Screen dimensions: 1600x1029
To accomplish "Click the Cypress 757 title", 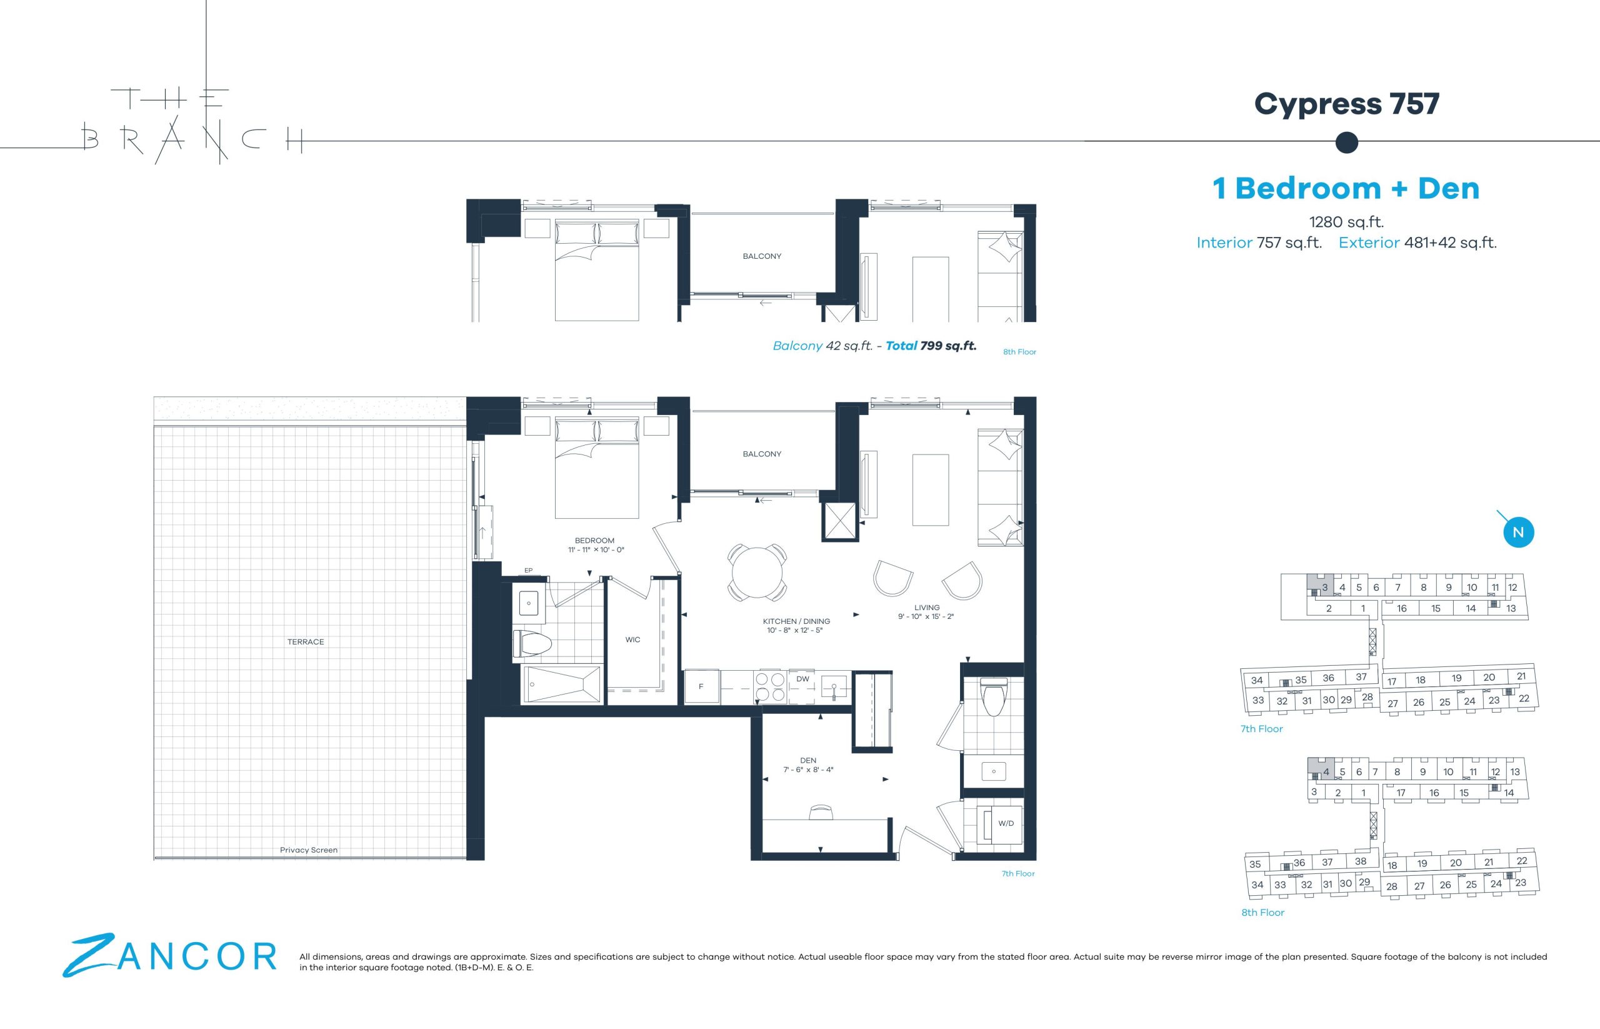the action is [1346, 104].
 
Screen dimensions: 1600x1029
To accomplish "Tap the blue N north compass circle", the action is [1518, 533].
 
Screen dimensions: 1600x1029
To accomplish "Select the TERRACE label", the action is [305, 642].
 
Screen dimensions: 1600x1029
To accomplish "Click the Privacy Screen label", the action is [309, 850].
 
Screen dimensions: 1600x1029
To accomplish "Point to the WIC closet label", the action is [632, 640].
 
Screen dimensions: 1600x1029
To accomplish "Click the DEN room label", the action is [808, 760].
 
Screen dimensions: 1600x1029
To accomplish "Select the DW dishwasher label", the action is [802, 679].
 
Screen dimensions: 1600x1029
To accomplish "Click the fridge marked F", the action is [701, 687].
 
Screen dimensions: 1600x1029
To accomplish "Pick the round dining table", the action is [757, 573].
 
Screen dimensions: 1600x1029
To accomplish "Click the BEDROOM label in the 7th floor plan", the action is [594, 541].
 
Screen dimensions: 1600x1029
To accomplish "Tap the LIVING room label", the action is [927, 608].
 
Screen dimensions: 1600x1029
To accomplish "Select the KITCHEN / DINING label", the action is [796, 621].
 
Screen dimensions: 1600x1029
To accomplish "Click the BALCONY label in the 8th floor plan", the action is [762, 256].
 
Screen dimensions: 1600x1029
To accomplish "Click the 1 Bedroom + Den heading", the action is [1346, 188].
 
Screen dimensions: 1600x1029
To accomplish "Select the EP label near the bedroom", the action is [528, 571].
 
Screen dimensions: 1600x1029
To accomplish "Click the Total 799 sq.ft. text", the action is [931, 346].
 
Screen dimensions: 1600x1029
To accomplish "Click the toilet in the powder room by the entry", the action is [994, 696].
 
